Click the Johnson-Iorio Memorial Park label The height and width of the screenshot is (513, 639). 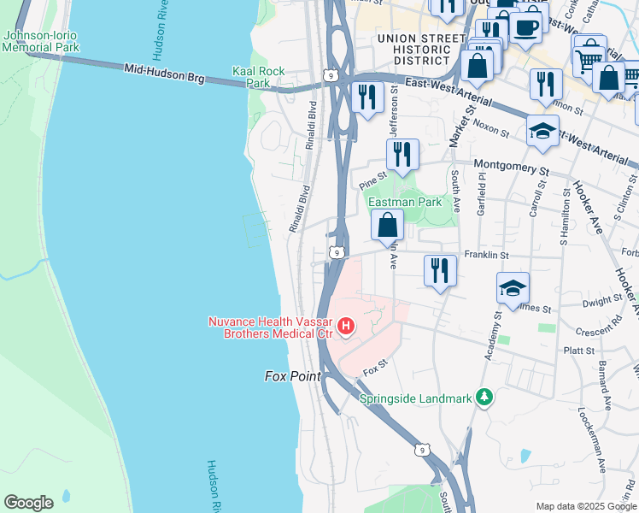[x=41, y=41]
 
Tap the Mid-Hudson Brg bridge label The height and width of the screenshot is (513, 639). [x=164, y=74]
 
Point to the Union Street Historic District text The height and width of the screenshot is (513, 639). [x=415, y=50]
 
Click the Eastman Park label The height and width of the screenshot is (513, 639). [x=405, y=203]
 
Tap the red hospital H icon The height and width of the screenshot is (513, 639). [x=346, y=326]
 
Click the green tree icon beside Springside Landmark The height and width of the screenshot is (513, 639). [x=484, y=398]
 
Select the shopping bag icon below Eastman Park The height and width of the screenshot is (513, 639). [x=387, y=227]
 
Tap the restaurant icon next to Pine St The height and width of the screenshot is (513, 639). [x=402, y=155]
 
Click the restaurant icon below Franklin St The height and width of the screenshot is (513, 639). [x=440, y=270]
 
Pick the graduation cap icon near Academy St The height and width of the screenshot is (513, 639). [x=513, y=288]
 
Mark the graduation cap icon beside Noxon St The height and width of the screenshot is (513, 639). [x=542, y=131]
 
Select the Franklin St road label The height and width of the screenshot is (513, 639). [x=486, y=255]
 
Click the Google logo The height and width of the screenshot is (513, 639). [x=29, y=503]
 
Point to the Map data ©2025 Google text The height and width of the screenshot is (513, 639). [x=584, y=505]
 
